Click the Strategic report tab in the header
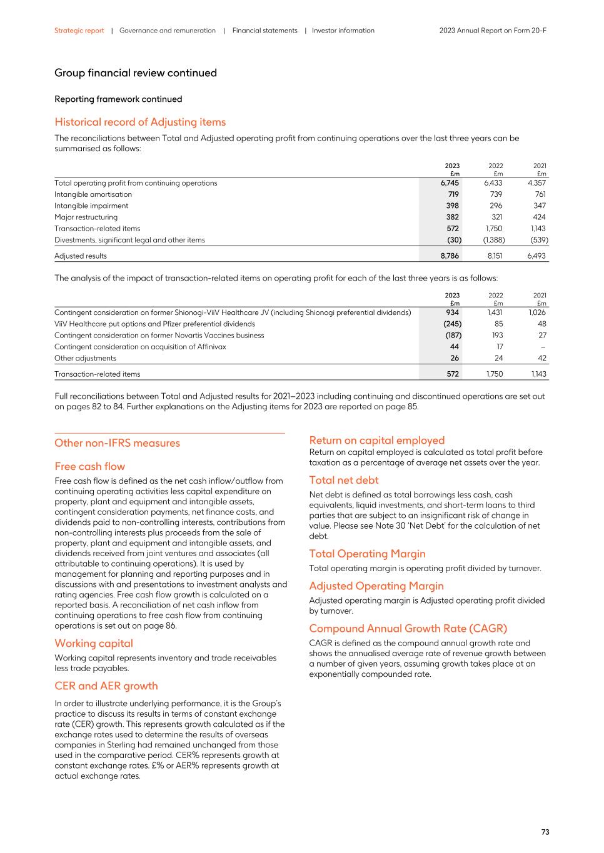(79, 31)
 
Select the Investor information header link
(343, 31)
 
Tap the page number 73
(545, 832)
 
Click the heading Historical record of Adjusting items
(140, 122)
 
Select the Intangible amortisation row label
(93, 194)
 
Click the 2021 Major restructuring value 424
(539, 217)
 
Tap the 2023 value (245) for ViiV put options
(452, 324)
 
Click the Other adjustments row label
(85, 358)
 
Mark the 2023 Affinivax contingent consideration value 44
(454, 347)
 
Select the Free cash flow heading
(89, 466)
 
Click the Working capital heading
(93, 643)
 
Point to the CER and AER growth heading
(106, 686)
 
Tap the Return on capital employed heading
(376, 441)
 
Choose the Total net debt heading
(343, 480)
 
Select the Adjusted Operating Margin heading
(376, 586)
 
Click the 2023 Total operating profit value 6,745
(449, 183)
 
